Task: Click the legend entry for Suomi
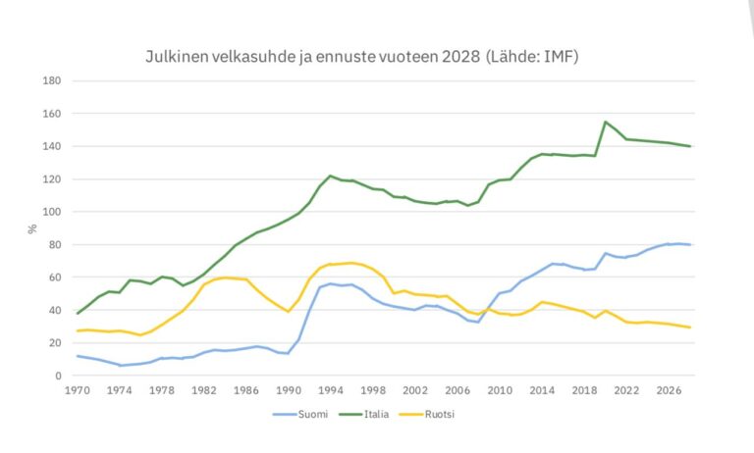(x=305, y=414)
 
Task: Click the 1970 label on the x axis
(x=79, y=389)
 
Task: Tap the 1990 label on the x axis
(x=289, y=389)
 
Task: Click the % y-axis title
(x=32, y=228)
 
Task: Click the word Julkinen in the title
(x=174, y=56)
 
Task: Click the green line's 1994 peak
(x=331, y=176)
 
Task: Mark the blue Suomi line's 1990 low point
(x=289, y=353)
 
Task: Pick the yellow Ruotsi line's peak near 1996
(x=351, y=263)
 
